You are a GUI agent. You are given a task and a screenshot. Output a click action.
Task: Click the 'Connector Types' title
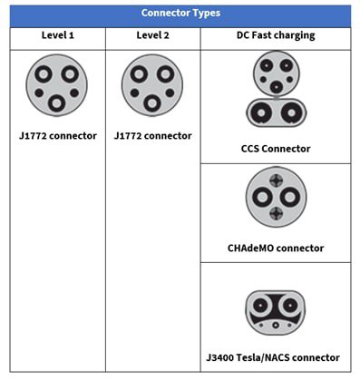[180, 14]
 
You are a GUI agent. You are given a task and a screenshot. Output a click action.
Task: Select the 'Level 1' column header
[57, 35]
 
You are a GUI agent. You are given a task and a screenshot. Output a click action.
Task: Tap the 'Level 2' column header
[152, 35]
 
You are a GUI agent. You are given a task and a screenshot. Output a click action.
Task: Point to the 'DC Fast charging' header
[275, 35]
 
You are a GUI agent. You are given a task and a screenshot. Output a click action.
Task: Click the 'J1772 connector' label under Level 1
[57, 136]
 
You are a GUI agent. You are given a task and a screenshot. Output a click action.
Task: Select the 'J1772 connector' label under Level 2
[152, 136]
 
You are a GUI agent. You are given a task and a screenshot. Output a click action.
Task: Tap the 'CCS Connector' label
[276, 149]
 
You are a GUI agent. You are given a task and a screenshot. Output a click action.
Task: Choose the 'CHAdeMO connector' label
[276, 248]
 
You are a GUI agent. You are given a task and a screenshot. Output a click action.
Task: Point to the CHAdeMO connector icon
[276, 199]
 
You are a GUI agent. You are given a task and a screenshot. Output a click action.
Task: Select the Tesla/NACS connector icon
[275, 311]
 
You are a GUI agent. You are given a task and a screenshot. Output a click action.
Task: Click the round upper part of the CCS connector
[276, 72]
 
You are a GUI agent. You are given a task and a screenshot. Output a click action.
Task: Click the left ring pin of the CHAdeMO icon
[260, 199]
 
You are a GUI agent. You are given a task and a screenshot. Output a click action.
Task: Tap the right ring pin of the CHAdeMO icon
[291, 199]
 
